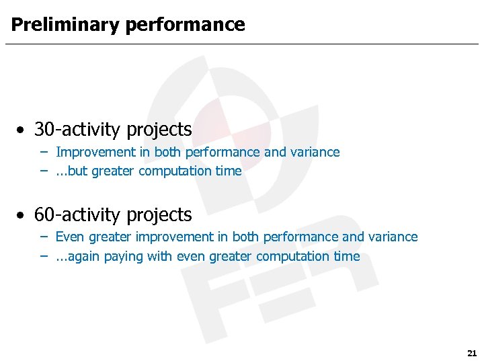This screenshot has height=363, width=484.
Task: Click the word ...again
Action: pyautogui.click(x=77, y=257)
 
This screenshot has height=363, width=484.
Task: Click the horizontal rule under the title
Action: pyautogui.click(x=242, y=44)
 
